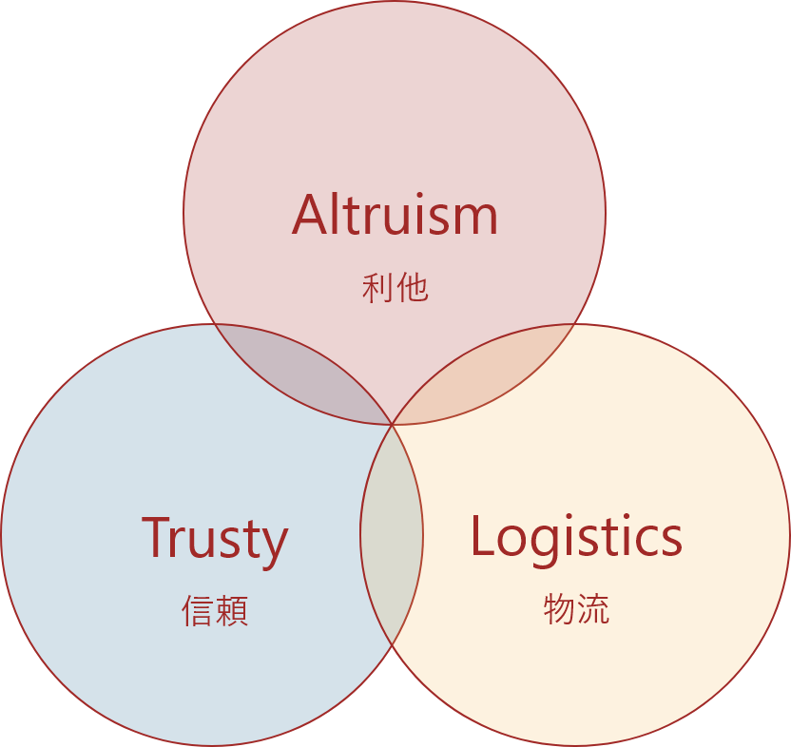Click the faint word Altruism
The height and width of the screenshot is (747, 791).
(x=395, y=215)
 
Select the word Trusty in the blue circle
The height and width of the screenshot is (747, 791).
(x=215, y=538)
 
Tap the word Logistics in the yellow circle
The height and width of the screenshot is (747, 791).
(x=576, y=536)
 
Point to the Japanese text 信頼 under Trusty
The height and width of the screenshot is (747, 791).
(x=215, y=611)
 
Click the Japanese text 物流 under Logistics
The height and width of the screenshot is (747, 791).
(x=576, y=608)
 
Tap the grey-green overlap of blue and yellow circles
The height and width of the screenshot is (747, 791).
(x=392, y=537)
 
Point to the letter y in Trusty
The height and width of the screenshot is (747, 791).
(x=274, y=544)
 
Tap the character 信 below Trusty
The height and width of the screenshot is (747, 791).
(x=198, y=611)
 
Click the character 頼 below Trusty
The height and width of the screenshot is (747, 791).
(x=232, y=611)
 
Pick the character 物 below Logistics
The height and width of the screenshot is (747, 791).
(x=559, y=608)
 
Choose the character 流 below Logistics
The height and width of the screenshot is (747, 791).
(x=593, y=608)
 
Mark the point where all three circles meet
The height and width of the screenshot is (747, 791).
(x=393, y=424)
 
